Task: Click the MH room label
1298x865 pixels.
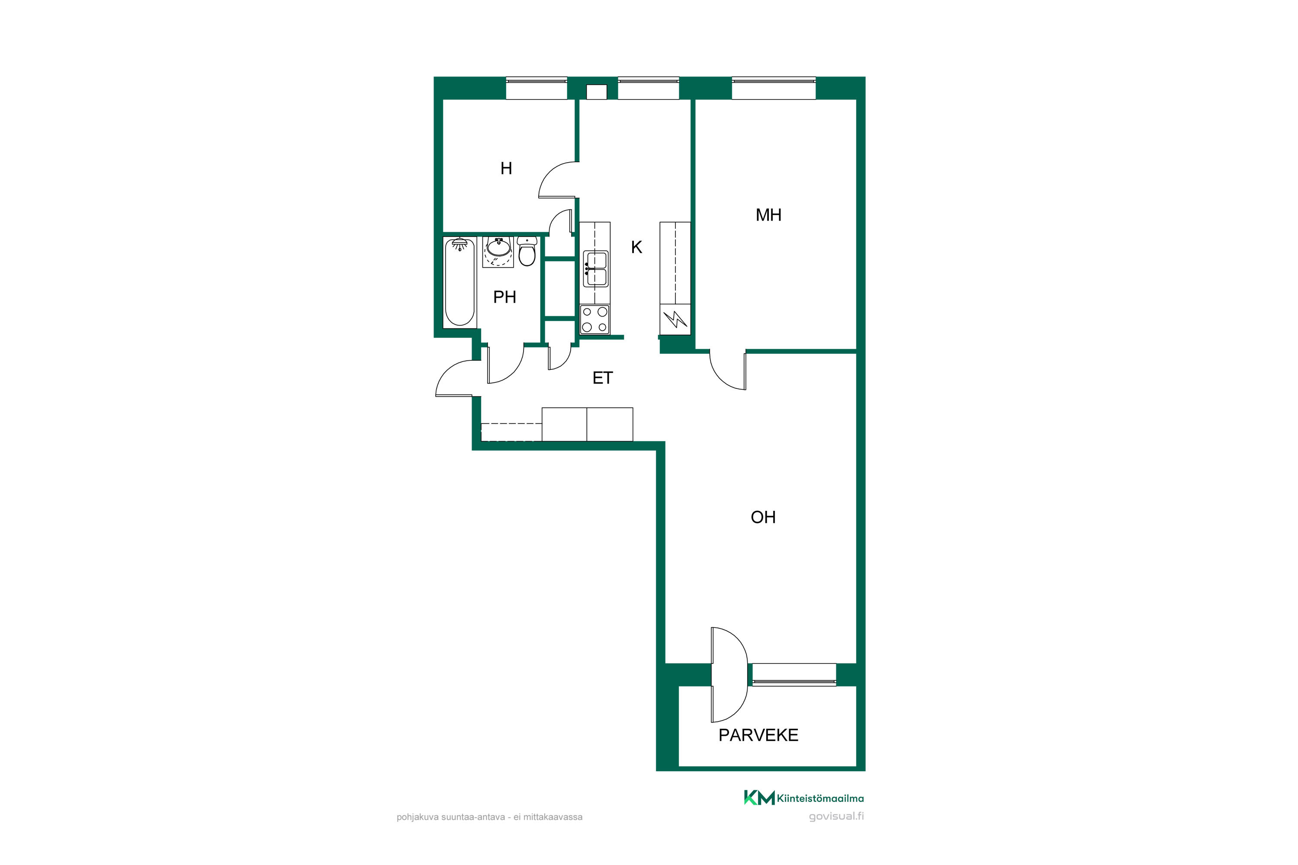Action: pos(768,215)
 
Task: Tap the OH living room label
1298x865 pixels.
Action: pos(763,517)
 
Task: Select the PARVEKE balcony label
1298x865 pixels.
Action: pos(758,735)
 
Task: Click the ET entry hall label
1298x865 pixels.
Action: pos(603,378)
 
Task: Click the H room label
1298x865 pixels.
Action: pos(506,168)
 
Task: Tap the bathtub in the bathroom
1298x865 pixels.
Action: pos(459,282)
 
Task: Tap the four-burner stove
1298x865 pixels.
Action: pos(595,320)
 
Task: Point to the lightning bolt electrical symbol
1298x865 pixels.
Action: pos(675,319)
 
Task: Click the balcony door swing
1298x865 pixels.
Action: pos(729,675)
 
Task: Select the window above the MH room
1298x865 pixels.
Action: pos(774,88)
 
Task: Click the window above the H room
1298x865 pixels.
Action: pos(537,88)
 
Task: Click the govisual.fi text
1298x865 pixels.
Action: pos(837,817)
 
